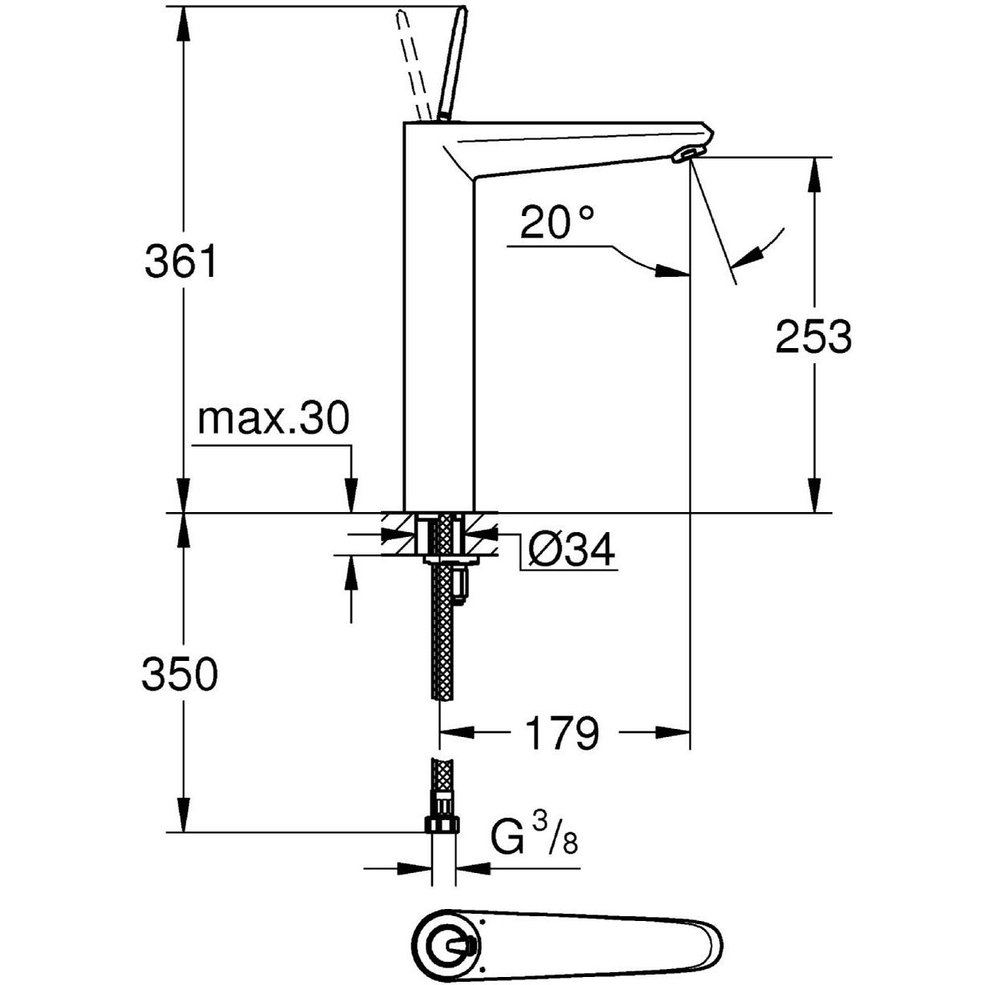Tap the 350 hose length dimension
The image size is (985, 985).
click(x=179, y=675)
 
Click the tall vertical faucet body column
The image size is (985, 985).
click(x=439, y=320)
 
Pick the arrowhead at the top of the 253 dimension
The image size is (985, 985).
click(x=814, y=172)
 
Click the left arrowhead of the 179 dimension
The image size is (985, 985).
click(x=456, y=731)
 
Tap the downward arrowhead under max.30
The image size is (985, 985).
click(x=350, y=497)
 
